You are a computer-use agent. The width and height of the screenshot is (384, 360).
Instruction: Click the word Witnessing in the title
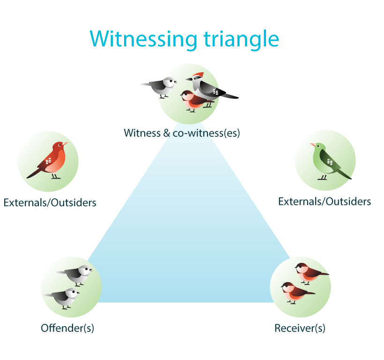click(x=143, y=39)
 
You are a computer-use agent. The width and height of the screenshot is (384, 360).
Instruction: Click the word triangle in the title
click(x=241, y=39)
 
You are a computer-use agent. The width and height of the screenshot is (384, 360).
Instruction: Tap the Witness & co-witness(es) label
click(x=182, y=133)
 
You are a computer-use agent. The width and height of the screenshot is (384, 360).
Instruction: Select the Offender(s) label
click(x=67, y=328)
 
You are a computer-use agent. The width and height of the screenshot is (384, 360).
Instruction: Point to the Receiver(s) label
click(x=300, y=328)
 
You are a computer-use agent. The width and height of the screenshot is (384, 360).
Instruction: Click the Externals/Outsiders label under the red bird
click(x=50, y=202)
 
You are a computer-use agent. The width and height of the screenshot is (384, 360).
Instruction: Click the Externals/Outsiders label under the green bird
click(x=325, y=202)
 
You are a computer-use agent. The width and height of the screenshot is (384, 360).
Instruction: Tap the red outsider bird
click(x=49, y=160)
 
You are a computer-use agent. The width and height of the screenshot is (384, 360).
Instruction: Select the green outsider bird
click(x=329, y=161)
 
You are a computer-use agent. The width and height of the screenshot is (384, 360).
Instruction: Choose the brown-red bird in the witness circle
click(x=194, y=101)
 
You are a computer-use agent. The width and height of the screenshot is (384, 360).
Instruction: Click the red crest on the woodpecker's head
click(x=199, y=75)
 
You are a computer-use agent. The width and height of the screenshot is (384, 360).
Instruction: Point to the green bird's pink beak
click(x=313, y=145)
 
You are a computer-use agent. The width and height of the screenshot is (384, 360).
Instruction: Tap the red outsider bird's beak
click(x=65, y=143)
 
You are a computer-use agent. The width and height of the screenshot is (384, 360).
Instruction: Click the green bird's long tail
click(x=344, y=174)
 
